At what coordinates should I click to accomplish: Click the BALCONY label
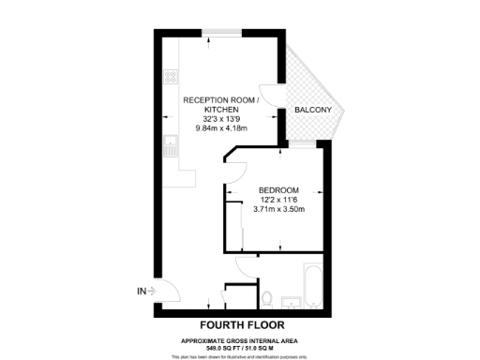point(312,111)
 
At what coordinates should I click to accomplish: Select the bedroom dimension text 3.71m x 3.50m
point(277,210)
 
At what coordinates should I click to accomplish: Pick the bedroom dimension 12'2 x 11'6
point(277,200)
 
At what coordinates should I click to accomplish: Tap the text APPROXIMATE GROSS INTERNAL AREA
point(240,339)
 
